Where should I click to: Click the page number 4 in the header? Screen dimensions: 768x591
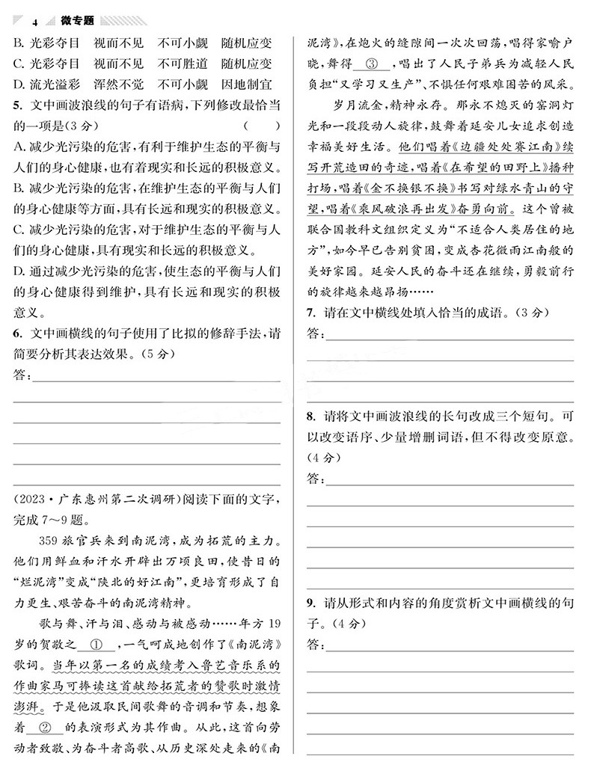point(35,22)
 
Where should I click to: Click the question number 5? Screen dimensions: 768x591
point(18,104)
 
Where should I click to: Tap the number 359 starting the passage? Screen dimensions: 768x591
point(49,540)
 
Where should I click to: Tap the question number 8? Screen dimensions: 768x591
point(309,415)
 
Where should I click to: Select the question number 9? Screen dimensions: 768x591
point(309,603)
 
